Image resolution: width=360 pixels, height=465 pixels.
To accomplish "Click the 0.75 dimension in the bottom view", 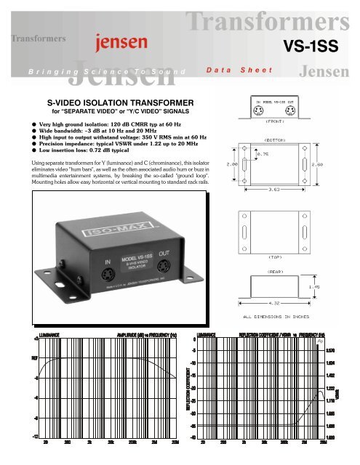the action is (264, 154).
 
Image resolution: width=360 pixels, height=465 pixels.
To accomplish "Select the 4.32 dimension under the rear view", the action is (268, 306).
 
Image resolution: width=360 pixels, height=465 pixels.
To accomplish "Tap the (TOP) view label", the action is (268, 257).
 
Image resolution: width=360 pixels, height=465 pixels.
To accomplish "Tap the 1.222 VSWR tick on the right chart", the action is (330, 389).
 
